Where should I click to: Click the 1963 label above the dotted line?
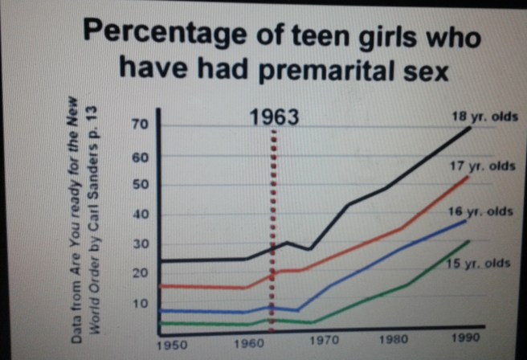274,117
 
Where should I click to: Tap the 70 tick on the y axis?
141,126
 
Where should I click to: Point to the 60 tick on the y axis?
141,157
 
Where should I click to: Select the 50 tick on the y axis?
141,186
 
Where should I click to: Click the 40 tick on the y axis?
141,215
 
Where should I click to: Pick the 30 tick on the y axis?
141,244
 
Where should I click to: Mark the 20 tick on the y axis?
141,273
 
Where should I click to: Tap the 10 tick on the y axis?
141,304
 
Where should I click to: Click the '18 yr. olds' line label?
484,116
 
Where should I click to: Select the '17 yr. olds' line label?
481,166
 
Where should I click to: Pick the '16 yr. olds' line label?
480,212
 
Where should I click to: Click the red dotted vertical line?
273,225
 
